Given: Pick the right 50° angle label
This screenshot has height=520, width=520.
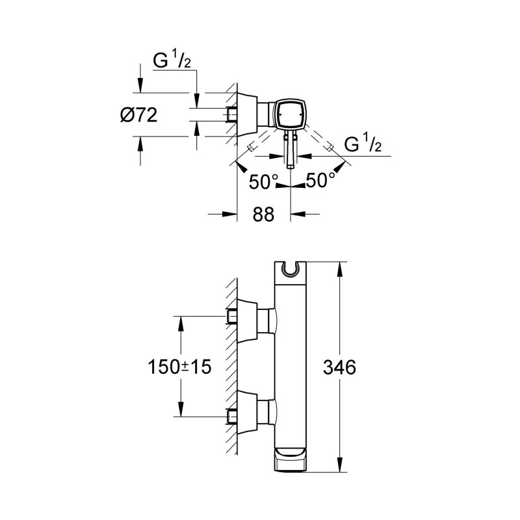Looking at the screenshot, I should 321,181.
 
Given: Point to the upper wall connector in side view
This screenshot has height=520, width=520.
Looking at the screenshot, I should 250,317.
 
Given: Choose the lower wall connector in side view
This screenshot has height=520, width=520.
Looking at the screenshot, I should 250,412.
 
